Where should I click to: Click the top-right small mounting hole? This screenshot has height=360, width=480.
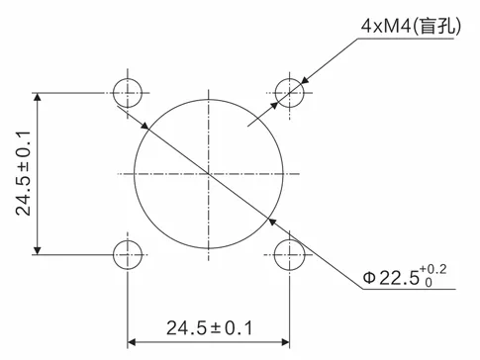click(x=290, y=94)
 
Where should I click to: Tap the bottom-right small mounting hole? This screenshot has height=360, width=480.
click(x=290, y=253)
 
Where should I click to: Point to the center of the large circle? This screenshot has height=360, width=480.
click(x=209, y=174)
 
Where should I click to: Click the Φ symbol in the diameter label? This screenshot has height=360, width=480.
click(x=369, y=279)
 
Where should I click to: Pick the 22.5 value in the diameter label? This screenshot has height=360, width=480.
click(x=398, y=279)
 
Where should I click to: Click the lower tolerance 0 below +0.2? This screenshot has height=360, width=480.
click(x=429, y=285)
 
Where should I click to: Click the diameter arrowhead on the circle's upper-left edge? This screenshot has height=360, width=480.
click(x=145, y=127)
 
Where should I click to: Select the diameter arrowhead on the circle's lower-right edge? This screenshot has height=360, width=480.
click(x=273, y=220)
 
